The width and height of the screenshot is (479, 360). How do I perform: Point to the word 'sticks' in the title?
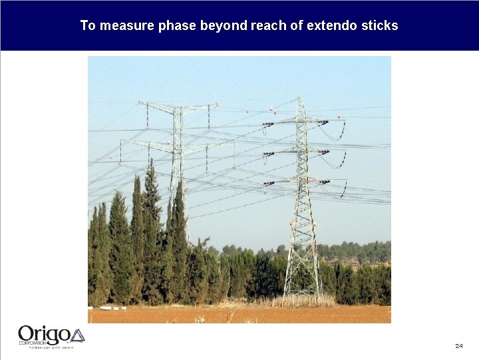[381, 25]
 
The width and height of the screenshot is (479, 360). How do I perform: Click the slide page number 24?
[459, 346]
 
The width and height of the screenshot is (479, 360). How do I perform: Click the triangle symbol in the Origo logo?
[77, 335]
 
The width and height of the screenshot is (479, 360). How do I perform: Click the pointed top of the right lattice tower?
[301, 100]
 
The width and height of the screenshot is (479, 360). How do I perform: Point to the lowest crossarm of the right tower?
[303, 181]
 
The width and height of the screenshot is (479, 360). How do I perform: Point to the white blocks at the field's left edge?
[106, 308]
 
